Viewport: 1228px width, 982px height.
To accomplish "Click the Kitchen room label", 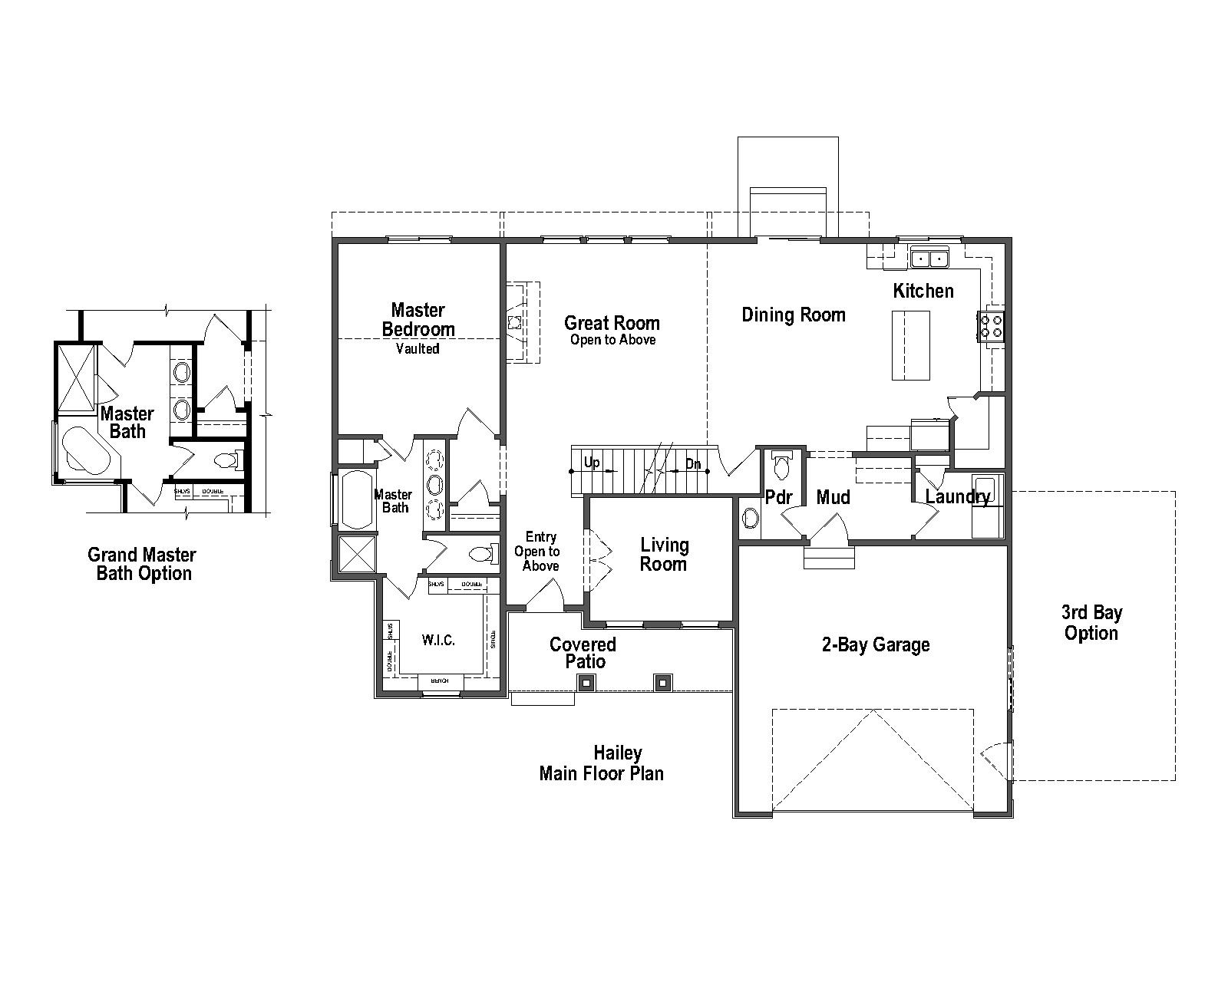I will point(923,291).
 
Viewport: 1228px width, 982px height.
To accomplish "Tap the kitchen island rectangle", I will point(911,345).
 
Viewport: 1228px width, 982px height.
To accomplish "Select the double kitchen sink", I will point(929,259).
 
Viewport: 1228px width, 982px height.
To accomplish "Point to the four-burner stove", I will point(991,325).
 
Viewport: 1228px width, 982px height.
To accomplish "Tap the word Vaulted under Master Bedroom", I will point(418,349).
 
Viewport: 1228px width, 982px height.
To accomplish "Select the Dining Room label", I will point(793,315).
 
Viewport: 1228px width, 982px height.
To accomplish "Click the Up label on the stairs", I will point(592,463).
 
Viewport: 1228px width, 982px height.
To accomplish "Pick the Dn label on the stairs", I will point(693,464).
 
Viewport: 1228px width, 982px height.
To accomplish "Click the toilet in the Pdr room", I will point(781,466).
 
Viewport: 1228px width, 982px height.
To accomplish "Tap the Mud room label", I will point(833,497).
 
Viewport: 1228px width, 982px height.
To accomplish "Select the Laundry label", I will point(956,496).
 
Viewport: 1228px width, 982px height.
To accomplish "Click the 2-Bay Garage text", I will point(875,644).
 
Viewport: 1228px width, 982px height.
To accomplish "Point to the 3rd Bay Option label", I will point(1091,623).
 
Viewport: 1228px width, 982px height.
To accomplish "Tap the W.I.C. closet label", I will point(438,640).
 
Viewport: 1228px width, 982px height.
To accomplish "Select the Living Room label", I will point(664,555).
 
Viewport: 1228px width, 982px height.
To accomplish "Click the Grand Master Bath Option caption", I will point(142,564).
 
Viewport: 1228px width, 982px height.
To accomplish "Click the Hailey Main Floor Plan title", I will point(601,763).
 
